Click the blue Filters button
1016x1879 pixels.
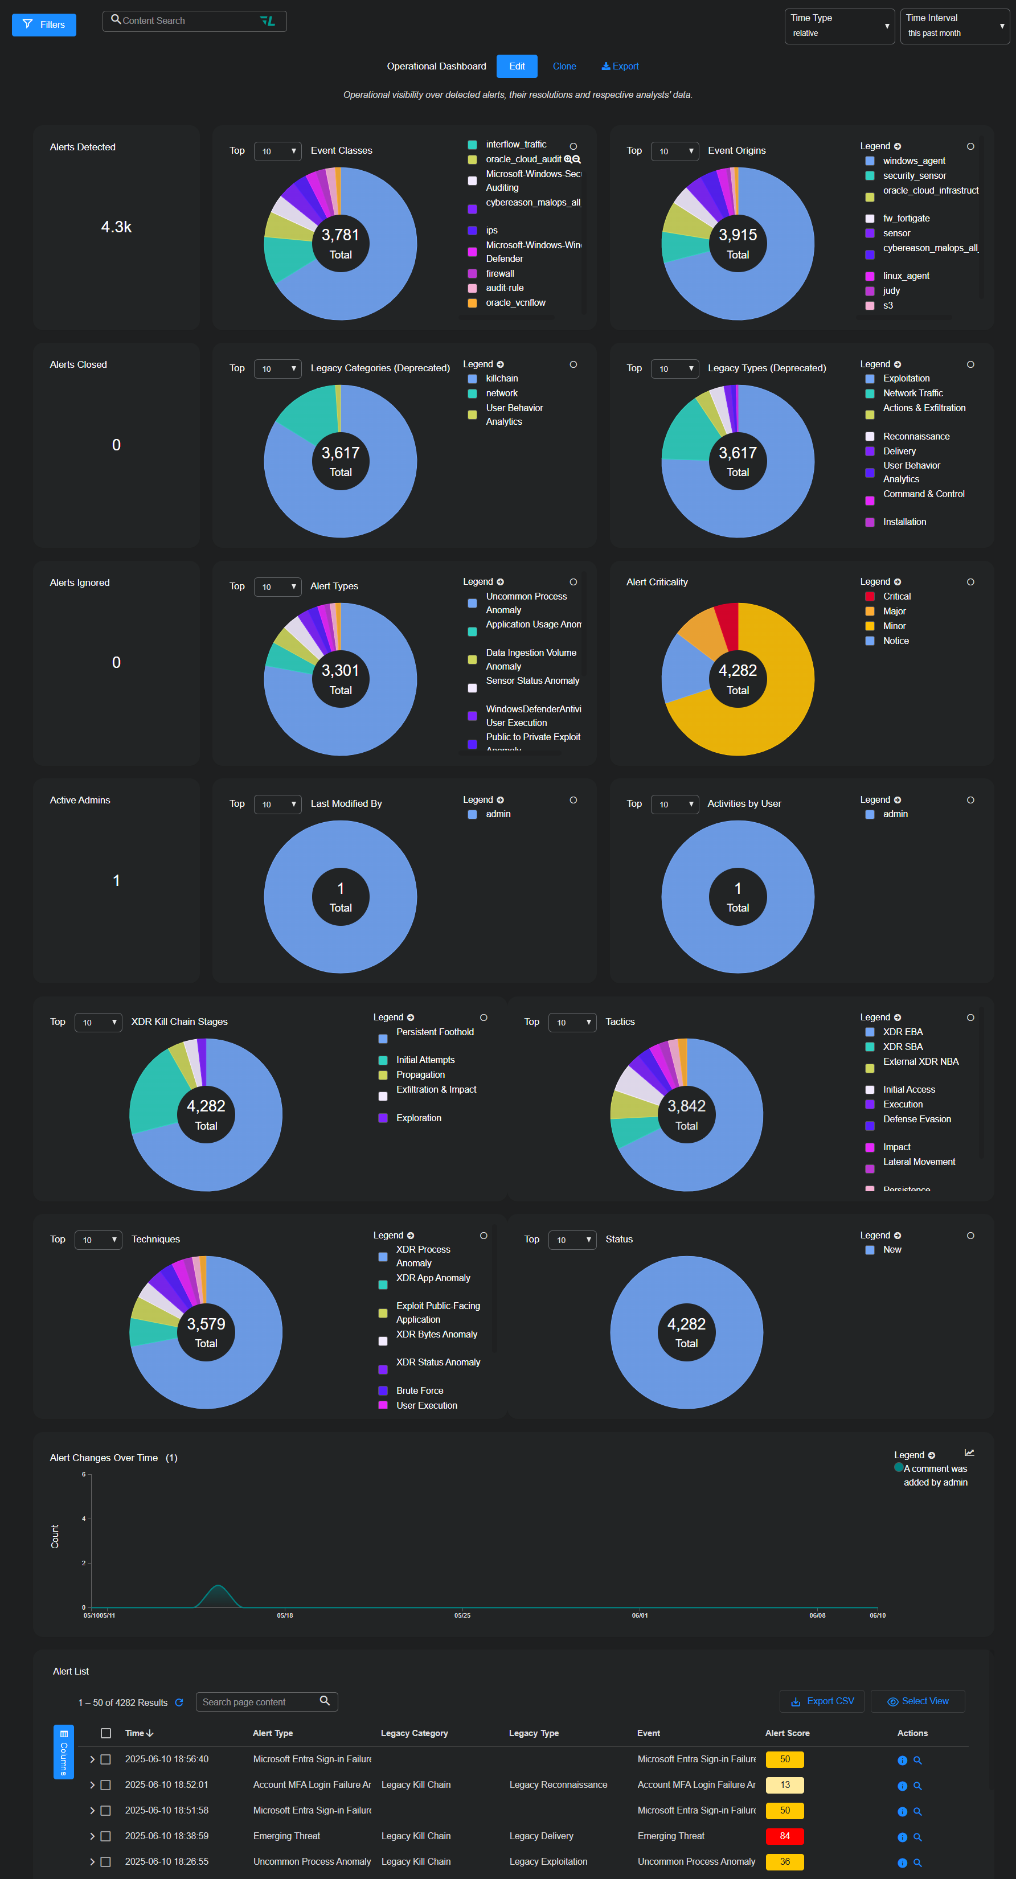tap(44, 25)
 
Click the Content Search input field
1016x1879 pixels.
tap(190, 21)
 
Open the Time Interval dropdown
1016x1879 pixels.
tap(954, 26)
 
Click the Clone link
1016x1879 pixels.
tap(564, 67)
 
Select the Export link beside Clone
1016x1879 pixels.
tap(620, 67)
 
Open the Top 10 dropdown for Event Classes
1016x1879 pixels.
tap(278, 151)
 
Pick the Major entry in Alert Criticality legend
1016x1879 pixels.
tap(894, 612)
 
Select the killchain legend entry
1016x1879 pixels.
tap(502, 379)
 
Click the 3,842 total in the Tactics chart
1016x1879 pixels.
tap(686, 1106)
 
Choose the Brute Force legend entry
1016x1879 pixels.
tap(419, 1390)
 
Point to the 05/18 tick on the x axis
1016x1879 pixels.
tap(284, 1615)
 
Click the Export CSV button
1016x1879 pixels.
tap(822, 1701)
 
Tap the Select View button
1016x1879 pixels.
tap(917, 1701)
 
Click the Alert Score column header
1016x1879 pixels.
tap(787, 1733)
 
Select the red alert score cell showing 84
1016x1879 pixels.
tap(784, 1836)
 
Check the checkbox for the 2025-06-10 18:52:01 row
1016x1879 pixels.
tap(106, 1785)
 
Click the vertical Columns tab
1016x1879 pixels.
tap(63, 1751)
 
